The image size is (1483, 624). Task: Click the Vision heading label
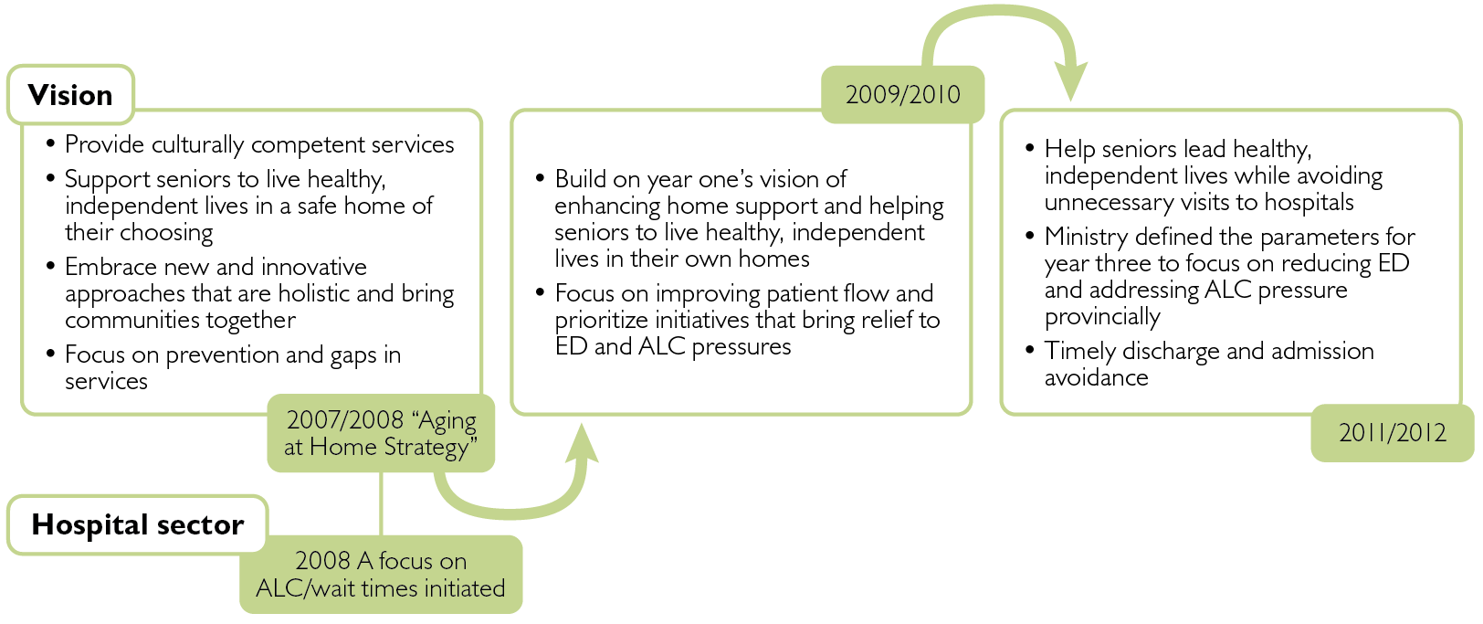(70, 95)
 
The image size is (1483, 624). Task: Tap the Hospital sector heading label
(137, 524)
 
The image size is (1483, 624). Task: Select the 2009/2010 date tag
(902, 94)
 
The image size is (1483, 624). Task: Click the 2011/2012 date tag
(1393, 432)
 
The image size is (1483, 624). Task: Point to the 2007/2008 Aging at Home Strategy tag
(381, 433)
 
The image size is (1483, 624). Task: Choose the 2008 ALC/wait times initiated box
(381, 575)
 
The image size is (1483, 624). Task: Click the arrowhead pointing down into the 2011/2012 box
(1070, 80)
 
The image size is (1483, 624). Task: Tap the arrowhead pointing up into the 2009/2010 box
(582, 442)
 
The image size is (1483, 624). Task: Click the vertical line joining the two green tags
(381, 503)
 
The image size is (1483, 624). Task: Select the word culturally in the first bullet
(197, 145)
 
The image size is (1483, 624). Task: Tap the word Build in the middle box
(579, 179)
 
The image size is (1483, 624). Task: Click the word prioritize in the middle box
(601, 321)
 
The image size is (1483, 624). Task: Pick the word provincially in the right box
(1102, 317)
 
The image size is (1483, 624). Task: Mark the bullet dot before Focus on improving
(541, 291)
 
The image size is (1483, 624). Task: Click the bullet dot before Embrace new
(50, 265)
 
